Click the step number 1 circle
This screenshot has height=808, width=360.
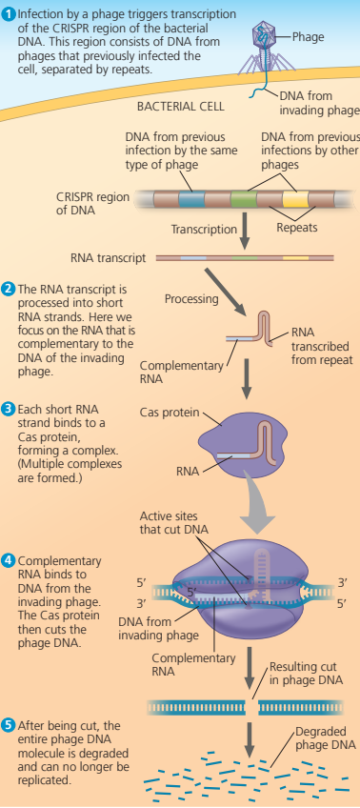[9, 11]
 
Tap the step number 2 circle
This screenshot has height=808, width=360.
[9, 288]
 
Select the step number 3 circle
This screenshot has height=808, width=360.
[9, 409]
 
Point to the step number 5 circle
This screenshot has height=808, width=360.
[9, 725]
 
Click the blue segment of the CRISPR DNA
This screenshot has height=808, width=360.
[192, 198]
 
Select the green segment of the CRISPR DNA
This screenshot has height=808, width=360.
[243, 198]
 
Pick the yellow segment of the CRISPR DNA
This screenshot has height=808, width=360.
[294, 198]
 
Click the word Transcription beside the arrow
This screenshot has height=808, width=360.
[204, 230]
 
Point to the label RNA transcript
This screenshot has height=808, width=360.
[108, 257]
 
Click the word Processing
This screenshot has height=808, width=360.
[191, 298]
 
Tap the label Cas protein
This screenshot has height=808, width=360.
[170, 413]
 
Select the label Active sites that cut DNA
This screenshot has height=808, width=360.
[177, 523]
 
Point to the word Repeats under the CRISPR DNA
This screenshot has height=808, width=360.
[296, 229]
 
